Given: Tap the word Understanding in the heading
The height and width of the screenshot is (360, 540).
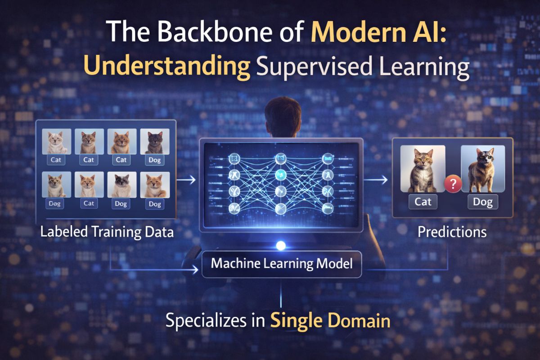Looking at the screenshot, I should click(x=167, y=69).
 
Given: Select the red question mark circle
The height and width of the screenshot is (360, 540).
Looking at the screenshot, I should click(x=452, y=184).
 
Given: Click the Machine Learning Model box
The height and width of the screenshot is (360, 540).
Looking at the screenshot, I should click(x=282, y=263).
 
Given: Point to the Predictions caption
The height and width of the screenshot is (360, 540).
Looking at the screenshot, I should click(x=452, y=232).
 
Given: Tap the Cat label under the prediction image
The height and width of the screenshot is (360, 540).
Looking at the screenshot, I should click(x=423, y=202).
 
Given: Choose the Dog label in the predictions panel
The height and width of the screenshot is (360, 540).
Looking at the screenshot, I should click(x=483, y=202).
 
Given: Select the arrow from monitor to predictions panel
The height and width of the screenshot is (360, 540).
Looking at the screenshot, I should click(x=377, y=180).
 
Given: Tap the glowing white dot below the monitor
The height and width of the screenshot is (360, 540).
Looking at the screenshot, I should click(x=281, y=246).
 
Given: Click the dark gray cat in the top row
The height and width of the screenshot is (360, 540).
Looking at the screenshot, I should click(x=155, y=142).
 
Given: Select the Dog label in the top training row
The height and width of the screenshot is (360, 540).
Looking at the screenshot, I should click(x=155, y=160).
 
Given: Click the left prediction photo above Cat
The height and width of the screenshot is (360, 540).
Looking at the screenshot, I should click(x=423, y=169).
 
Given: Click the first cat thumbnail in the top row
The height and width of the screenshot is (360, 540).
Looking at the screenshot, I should click(x=57, y=142).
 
